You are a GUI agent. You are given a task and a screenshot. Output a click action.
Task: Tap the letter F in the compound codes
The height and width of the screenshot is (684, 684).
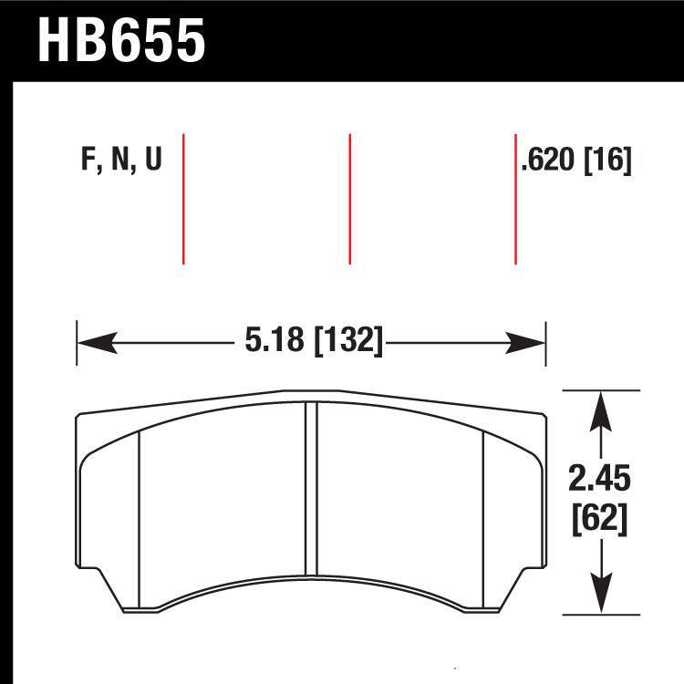[x=88, y=161]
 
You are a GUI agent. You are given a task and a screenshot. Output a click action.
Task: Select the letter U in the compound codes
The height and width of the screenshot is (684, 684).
[x=152, y=161]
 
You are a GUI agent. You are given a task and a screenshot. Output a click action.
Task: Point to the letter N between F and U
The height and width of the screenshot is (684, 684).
[x=119, y=161]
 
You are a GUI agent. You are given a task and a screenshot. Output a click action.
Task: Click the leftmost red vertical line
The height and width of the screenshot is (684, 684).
[x=184, y=198]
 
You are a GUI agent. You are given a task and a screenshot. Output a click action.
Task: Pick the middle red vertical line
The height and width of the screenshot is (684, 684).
[x=350, y=198]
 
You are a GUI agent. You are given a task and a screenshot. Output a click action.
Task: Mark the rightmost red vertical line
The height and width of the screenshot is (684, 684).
[x=515, y=198]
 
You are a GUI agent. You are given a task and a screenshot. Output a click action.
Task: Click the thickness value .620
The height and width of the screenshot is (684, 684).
[x=549, y=161]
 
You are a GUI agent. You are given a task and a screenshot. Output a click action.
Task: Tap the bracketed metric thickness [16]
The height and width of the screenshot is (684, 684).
[x=607, y=161]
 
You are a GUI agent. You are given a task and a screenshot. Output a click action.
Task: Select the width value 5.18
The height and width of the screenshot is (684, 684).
[x=274, y=344]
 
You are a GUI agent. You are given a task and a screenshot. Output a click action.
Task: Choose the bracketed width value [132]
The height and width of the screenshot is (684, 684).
[x=347, y=344]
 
